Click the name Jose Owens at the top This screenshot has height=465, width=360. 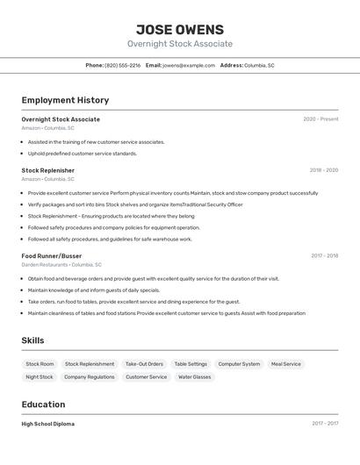point(180,29)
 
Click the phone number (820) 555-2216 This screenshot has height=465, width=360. point(122,65)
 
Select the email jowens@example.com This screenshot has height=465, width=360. point(188,65)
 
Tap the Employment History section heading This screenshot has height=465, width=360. point(65,100)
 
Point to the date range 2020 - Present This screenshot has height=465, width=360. point(320,119)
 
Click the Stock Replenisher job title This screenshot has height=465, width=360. point(47,170)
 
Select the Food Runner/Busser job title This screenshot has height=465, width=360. point(51,256)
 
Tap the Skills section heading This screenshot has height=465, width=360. point(32,340)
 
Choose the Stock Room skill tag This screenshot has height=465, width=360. point(40,364)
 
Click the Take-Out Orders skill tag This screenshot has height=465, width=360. point(144,364)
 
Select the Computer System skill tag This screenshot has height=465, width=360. point(239,364)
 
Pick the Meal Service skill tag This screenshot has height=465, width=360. point(285,364)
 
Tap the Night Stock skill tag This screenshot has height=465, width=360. point(40,377)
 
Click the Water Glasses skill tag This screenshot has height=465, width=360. point(195,377)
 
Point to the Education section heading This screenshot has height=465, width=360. point(43,404)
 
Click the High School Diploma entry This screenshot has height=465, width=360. point(47,424)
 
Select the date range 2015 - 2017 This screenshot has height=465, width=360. point(324,424)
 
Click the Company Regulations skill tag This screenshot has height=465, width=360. point(89,377)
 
